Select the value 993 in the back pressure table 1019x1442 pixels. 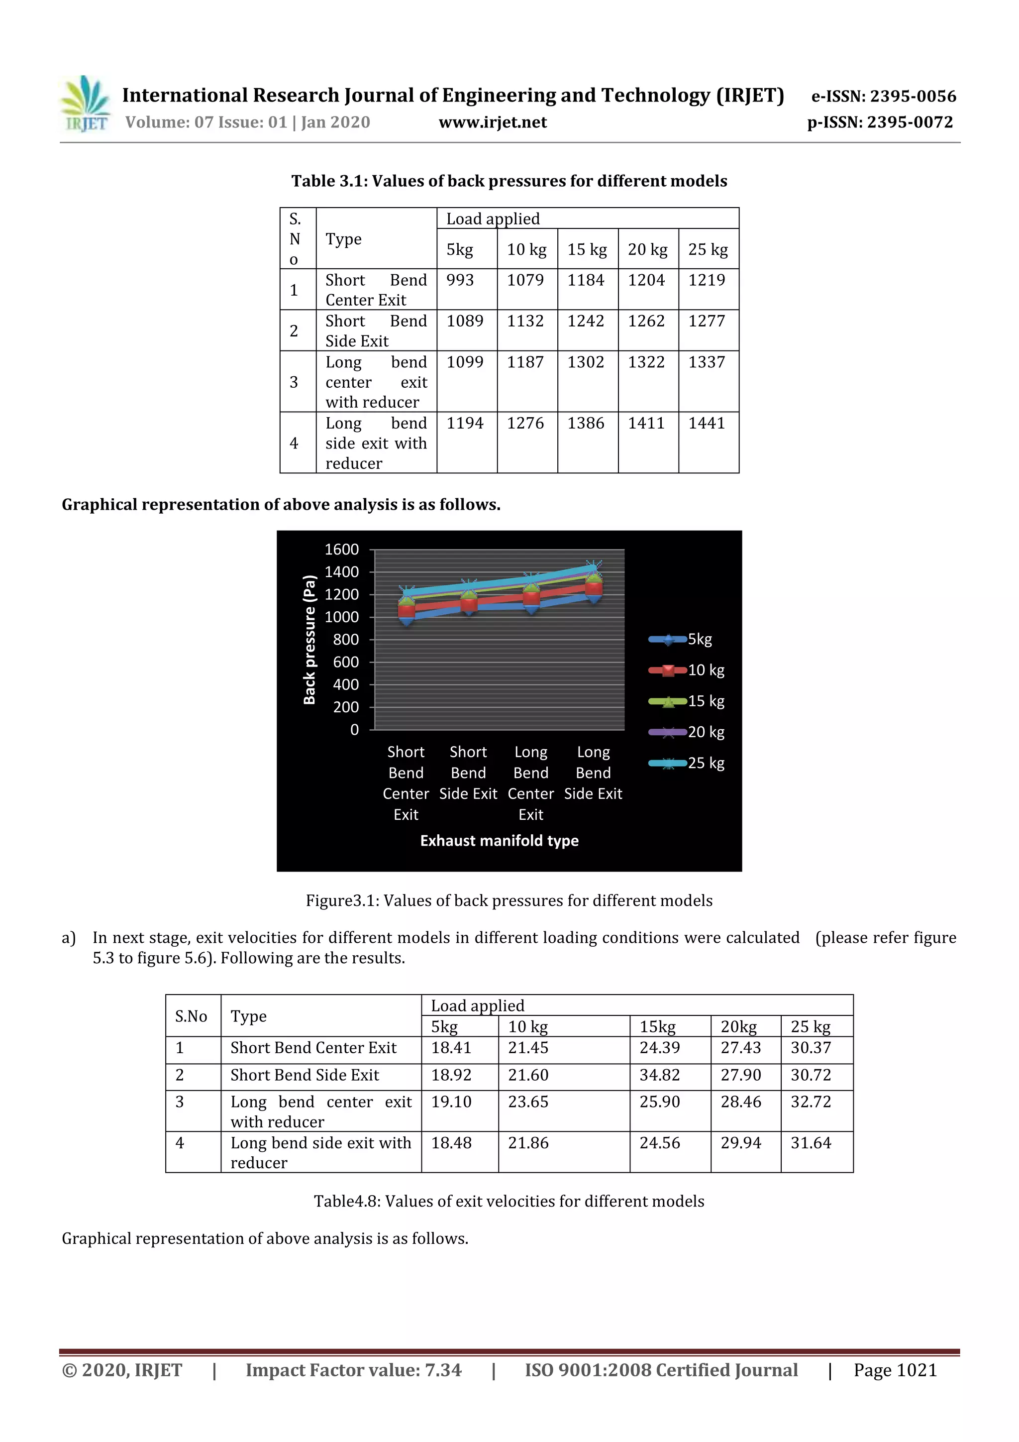[460, 280]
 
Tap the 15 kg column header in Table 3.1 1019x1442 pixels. [587, 250]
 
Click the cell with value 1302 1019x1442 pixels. [585, 362]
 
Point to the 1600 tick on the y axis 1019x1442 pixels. [341, 550]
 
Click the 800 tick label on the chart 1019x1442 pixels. [345, 639]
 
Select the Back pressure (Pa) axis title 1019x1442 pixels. [309, 639]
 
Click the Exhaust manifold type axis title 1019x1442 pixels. [499, 840]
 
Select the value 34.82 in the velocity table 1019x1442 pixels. [659, 1075]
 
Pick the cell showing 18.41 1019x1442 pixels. [451, 1048]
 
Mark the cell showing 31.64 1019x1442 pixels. [811, 1143]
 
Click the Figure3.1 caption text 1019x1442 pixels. [509, 900]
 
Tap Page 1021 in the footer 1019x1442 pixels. [895, 1370]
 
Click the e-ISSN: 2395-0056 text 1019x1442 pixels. [883, 96]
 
